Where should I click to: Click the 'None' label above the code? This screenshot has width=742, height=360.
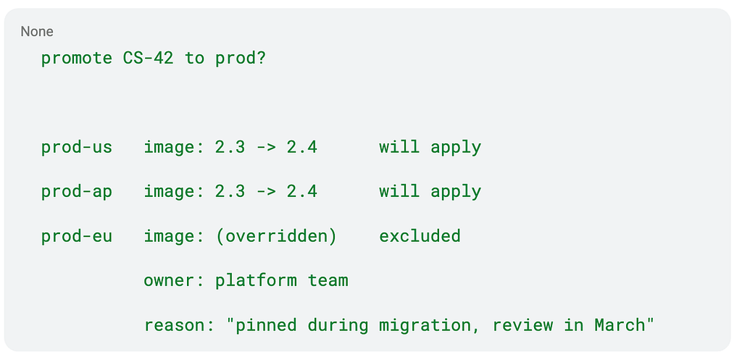click(37, 32)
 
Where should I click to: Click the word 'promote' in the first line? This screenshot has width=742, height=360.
click(77, 59)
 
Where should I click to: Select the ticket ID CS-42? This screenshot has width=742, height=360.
click(148, 58)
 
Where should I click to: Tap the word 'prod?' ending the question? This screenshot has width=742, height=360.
click(241, 59)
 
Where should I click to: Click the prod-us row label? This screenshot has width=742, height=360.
click(77, 148)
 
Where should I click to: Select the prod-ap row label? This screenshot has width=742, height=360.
click(77, 192)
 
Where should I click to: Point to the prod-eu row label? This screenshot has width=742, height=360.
click(77, 236)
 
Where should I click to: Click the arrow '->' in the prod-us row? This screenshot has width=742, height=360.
click(266, 148)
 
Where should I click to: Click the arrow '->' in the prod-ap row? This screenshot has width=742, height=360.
click(266, 192)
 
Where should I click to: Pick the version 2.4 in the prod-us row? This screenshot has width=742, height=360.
click(302, 148)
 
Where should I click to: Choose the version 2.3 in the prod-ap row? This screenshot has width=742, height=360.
click(230, 192)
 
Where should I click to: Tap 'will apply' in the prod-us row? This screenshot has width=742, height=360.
click(430, 148)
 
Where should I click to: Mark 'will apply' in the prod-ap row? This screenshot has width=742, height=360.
click(430, 192)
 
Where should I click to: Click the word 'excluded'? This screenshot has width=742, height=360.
click(420, 236)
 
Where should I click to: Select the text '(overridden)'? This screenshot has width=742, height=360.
click(276, 236)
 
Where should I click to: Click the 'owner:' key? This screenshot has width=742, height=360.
click(174, 280)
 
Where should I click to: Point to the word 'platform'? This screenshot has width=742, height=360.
click(256, 280)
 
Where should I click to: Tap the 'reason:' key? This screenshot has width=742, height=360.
click(179, 325)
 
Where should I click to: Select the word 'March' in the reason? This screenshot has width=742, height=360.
click(620, 325)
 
